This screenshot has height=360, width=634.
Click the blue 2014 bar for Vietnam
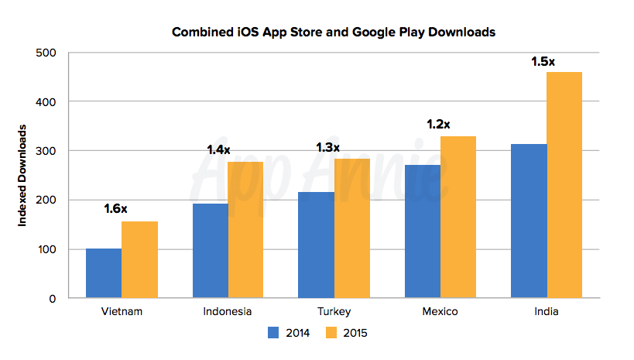click(104, 273)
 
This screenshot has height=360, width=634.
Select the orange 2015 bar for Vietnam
click(139, 260)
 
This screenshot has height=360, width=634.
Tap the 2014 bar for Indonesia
click(211, 251)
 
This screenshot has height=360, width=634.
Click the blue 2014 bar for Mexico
click(423, 231)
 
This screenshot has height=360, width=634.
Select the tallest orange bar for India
click(564, 185)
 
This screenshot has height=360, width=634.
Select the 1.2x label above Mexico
click(438, 124)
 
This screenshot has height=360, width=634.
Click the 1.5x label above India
click(543, 60)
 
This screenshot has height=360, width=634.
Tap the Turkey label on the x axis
click(334, 312)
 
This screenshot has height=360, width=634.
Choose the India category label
click(546, 312)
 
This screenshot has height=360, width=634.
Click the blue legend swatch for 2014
click(273, 333)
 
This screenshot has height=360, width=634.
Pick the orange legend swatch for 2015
click(329, 333)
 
